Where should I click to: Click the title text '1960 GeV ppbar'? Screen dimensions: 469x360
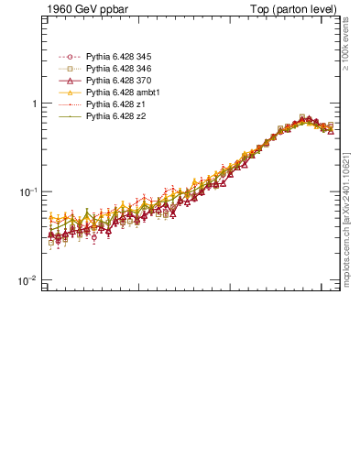80,9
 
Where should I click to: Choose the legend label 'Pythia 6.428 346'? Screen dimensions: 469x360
118,70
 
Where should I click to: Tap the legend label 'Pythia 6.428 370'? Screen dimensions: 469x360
118,82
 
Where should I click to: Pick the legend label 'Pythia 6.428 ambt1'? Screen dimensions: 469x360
122,93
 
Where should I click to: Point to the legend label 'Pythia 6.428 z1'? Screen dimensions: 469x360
115,105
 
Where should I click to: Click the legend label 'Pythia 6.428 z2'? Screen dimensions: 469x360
115,117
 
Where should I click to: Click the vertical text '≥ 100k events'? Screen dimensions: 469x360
346,47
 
